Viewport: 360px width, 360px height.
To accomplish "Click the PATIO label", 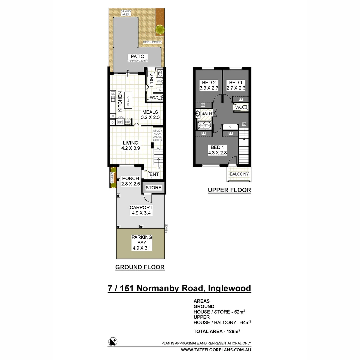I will pyautogui.click(x=137, y=56).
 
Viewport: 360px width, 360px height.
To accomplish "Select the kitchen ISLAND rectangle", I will pyautogui.click(x=128, y=99).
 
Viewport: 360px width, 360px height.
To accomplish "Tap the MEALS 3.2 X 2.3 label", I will pyautogui.click(x=150, y=115).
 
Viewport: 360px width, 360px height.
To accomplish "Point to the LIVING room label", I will pyautogui.click(x=130, y=146).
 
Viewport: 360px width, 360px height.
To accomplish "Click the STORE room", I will pyautogui.click(x=153, y=188).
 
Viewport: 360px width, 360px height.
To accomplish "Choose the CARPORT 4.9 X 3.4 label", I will pyautogui.click(x=141, y=210).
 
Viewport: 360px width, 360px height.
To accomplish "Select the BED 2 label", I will pyautogui.click(x=208, y=85).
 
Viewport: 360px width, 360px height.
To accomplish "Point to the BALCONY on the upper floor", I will pyautogui.click(x=239, y=174).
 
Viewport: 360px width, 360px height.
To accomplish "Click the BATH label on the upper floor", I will pyautogui.click(x=207, y=114).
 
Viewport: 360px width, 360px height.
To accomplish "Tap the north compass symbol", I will pyautogui.click(x=113, y=341).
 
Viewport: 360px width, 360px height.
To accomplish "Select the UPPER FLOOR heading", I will pyautogui.click(x=229, y=190).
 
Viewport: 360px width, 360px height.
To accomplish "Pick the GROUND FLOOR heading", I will pyautogui.click(x=140, y=267).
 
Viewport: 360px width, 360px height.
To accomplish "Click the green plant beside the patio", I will pyautogui.click(x=160, y=30).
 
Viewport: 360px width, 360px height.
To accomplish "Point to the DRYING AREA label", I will pyautogui.click(x=126, y=13).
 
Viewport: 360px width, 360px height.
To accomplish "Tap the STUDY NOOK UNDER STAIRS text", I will pyautogui.click(x=157, y=135).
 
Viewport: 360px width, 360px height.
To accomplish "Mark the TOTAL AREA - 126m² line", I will pyautogui.click(x=217, y=331).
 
